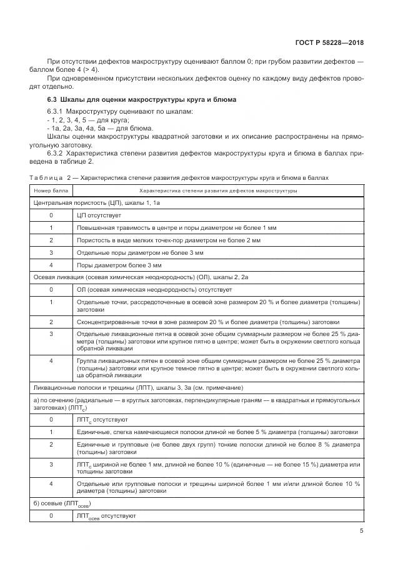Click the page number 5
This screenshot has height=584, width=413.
point(361,531)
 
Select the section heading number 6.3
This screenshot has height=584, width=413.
point(52,100)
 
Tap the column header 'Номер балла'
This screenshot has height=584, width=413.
point(51,191)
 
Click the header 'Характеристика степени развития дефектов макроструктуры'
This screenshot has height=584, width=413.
point(218,191)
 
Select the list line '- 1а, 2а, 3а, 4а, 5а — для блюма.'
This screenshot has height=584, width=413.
point(96,127)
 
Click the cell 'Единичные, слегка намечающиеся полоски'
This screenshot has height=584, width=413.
point(217,432)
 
